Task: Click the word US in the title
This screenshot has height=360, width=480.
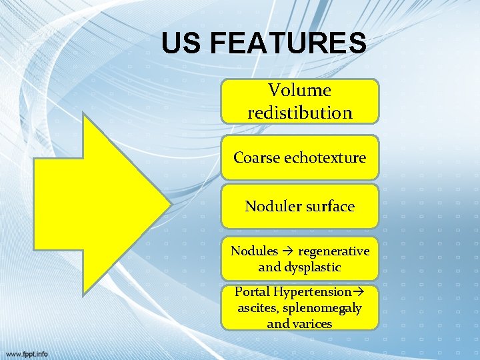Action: [181, 44]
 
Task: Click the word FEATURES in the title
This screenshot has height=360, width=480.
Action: [287, 44]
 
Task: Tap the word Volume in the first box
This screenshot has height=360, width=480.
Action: [299, 90]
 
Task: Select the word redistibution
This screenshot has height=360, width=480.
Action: [299, 113]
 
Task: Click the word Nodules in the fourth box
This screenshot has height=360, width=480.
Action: [254, 251]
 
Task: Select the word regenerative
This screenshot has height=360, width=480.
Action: [333, 251]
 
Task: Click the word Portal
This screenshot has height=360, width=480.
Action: [251, 291]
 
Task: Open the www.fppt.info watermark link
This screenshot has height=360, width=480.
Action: [27, 353]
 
